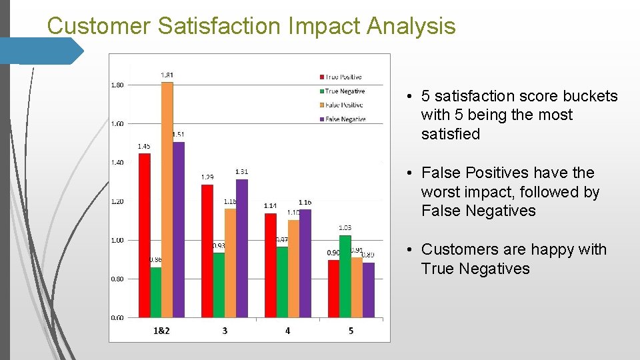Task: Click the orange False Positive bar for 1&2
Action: [x=167, y=200]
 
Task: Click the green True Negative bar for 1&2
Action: [x=156, y=293]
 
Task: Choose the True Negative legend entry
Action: [x=344, y=91]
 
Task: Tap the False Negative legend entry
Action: [x=344, y=119]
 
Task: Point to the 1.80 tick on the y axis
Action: [x=117, y=85]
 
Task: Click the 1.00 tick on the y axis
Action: [x=117, y=240]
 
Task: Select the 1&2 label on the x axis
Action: [x=161, y=331]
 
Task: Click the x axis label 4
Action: [x=287, y=331]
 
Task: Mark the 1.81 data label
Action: [x=167, y=75]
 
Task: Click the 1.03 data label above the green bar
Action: [x=345, y=228]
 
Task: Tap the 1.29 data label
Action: [x=207, y=177]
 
